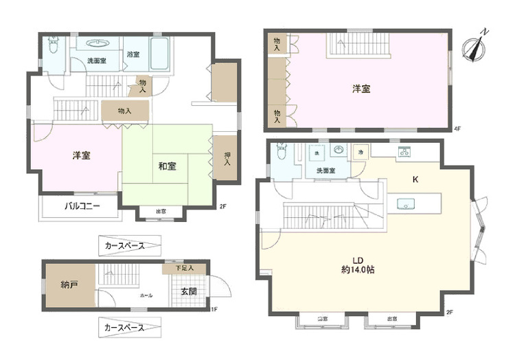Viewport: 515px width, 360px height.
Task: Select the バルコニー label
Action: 82,206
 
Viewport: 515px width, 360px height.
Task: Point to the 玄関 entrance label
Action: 188,291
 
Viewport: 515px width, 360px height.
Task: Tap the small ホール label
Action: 146,295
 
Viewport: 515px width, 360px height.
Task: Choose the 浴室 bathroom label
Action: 133,54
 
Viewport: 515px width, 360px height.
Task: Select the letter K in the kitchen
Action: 415,179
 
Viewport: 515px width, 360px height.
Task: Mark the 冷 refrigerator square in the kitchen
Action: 360,151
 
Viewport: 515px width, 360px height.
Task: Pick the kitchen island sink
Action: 404,204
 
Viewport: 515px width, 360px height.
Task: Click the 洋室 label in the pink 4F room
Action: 362,89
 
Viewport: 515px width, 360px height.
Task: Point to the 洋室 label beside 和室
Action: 82,155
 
